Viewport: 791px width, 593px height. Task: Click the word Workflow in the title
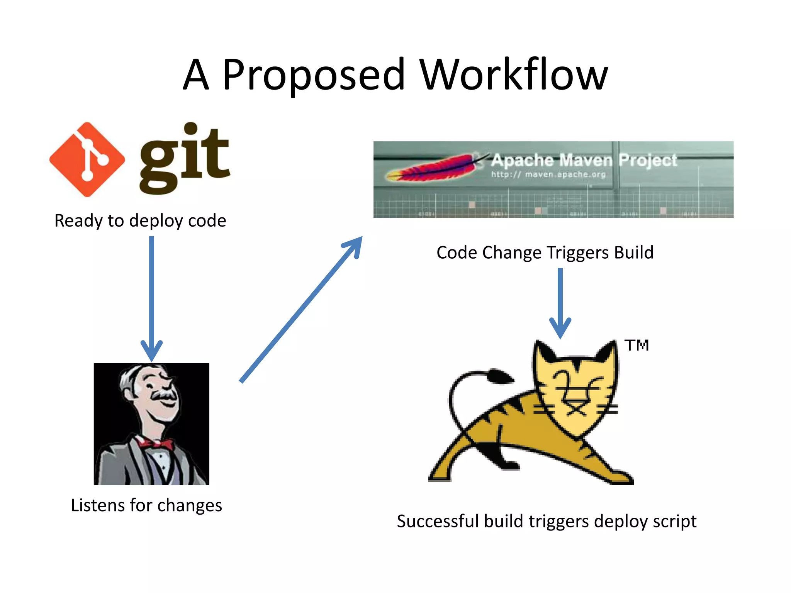(x=514, y=75)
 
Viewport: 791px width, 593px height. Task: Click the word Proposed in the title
(x=314, y=75)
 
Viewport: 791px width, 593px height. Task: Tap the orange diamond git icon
(x=87, y=159)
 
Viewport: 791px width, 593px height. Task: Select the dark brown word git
(x=185, y=158)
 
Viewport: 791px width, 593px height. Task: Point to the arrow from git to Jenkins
(x=152, y=297)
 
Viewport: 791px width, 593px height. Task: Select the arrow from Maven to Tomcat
(x=560, y=301)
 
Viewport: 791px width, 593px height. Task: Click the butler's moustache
(x=164, y=395)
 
